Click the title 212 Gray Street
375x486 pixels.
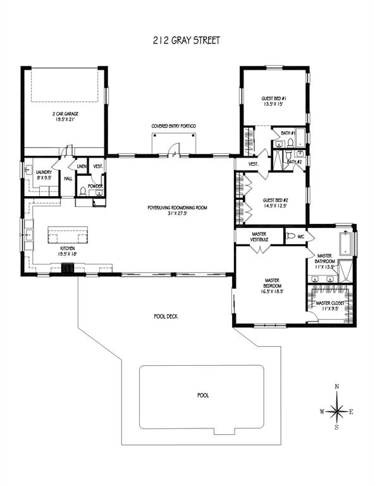(x=187, y=40)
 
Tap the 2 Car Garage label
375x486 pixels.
(x=65, y=114)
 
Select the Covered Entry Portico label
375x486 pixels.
(x=173, y=126)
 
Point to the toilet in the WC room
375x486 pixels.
(x=291, y=236)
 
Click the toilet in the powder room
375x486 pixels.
(x=83, y=192)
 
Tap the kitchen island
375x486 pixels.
(x=68, y=235)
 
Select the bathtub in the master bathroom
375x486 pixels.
(x=345, y=244)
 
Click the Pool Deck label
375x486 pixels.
(x=166, y=316)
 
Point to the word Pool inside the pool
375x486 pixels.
(x=203, y=395)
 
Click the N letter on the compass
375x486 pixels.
(x=337, y=386)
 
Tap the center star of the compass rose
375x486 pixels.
(x=337, y=411)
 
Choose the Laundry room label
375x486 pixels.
(x=44, y=172)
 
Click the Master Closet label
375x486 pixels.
(x=330, y=303)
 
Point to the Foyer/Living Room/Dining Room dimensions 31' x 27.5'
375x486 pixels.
(x=177, y=213)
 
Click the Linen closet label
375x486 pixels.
(x=82, y=166)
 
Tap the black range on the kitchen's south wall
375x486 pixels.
(x=68, y=268)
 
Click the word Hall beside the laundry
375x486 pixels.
(x=68, y=178)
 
